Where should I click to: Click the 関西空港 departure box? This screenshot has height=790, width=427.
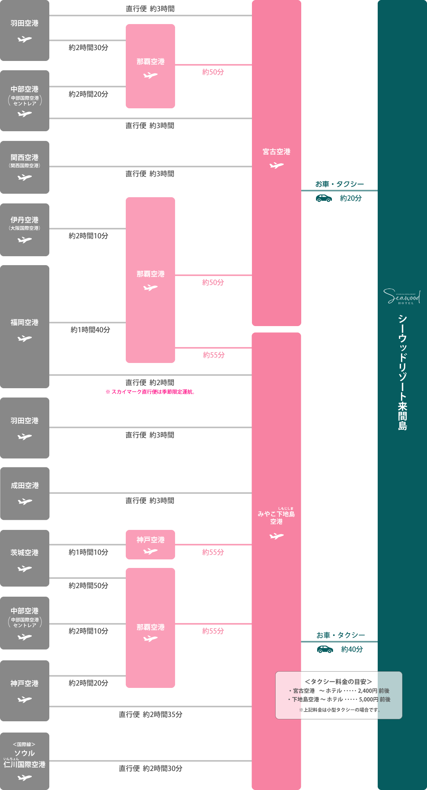tap(24, 167)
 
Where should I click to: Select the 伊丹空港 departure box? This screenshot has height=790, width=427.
tap(24, 229)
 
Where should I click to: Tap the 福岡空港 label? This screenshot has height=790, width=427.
tap(24, 323)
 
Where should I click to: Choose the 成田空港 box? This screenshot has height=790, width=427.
tap(24, 493)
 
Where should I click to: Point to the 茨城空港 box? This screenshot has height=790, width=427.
tap(24, 558)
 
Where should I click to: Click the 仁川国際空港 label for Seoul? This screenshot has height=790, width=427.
tap(24, 764)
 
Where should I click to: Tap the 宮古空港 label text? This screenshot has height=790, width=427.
tap(276, 152)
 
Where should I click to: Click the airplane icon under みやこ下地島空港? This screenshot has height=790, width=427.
tap(276, 536)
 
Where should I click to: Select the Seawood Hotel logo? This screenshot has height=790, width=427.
tap(402, 297)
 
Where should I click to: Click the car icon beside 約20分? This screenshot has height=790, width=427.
tap(324, 198)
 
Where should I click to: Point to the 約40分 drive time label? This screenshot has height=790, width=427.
tap(352, 649)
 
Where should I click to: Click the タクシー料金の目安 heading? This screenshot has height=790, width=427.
tap(338, 682)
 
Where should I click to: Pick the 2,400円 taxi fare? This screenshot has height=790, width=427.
tap(367, 691)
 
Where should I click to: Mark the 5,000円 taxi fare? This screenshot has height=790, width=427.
tap(368, 699)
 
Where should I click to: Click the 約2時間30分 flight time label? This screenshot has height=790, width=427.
tap(89, 48)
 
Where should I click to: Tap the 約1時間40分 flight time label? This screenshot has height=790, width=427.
tap(90, 330)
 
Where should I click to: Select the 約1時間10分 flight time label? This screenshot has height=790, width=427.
tap(89, 552)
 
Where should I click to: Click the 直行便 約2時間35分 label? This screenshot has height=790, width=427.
tap(151, 714)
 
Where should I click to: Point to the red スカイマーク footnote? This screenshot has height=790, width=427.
tap(150, 392)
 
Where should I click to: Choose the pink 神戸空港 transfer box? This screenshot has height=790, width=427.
tap(150, 544)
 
